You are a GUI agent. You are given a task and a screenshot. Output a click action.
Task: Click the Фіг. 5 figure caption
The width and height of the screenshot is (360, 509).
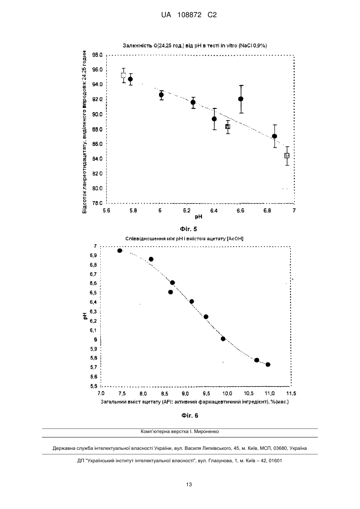point(188,229)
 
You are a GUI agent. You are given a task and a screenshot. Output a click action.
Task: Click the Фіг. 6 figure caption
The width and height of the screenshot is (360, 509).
point(190,415)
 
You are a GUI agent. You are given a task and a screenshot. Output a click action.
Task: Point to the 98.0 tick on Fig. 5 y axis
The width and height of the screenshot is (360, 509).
point(97,55)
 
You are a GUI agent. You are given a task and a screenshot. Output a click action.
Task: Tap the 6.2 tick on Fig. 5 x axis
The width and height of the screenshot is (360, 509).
point(187,211)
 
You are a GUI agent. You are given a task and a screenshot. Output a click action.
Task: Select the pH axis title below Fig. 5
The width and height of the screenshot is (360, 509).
point(199,217)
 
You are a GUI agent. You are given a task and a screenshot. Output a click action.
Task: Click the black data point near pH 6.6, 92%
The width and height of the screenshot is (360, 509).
point(241,99)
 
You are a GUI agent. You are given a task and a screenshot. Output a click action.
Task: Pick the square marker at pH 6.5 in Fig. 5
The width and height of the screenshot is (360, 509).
point(228,127)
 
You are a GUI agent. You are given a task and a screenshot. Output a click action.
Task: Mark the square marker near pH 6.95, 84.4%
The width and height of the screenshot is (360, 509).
point(287,156)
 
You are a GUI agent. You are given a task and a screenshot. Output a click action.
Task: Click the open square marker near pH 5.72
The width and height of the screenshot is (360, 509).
point(123,76)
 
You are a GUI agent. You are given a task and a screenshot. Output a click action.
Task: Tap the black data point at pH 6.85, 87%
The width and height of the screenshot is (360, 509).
point(274,136)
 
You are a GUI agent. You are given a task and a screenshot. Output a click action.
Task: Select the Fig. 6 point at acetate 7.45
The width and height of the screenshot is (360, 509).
point(120,251)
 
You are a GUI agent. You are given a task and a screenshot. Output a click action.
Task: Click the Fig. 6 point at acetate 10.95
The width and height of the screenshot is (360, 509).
point(268,365)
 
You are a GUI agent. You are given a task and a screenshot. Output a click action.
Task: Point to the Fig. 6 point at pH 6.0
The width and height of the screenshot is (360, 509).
point(223,339)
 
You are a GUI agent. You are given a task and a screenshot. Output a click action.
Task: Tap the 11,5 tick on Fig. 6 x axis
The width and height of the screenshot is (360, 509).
point(291,393)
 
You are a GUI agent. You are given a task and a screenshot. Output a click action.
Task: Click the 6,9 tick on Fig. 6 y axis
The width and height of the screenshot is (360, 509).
point(93,255)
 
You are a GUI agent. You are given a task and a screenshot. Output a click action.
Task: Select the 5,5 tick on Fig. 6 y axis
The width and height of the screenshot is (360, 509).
point(93,386)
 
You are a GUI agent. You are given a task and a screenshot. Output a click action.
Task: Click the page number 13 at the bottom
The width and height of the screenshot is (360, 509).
point(189,485)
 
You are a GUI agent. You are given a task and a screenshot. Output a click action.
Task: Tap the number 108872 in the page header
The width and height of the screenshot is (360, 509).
point(189,15)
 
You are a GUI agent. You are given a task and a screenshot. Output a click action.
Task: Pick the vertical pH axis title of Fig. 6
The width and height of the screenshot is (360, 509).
point(85,316)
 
